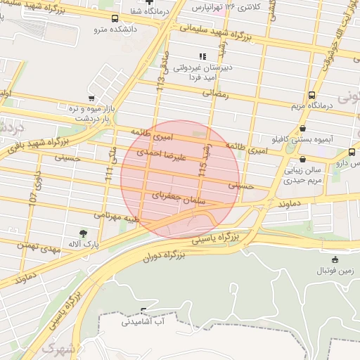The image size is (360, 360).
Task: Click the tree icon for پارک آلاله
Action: pos(84,232)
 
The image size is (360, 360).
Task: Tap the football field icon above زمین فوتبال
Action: pos(335,259)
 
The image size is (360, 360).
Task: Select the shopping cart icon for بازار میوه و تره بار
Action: pos(91,99)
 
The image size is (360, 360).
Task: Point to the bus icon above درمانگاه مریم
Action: pos(311,96)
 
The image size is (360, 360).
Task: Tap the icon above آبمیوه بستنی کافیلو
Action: pos(303,129)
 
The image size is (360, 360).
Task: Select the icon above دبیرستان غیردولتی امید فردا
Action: pos(202,56)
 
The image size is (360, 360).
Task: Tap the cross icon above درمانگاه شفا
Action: pos(149,2)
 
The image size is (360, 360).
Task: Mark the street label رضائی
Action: pos(217,93)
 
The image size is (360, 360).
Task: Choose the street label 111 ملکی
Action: pos(110,165)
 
